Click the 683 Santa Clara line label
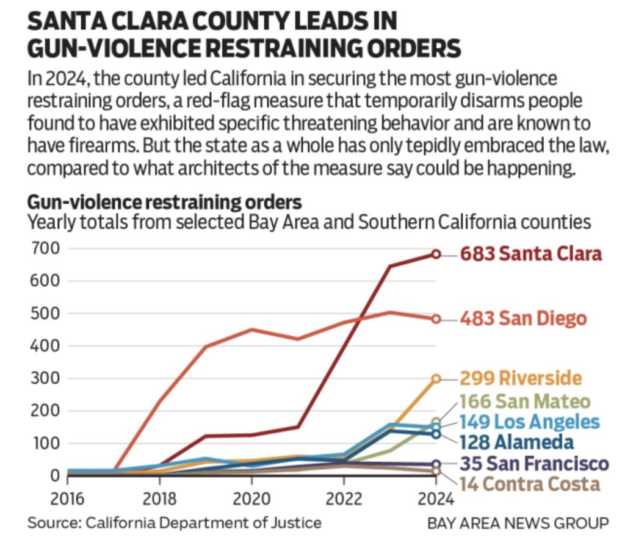point(531,254)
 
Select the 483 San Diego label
point(523,318)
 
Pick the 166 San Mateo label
point(526,401)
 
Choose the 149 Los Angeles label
point(529,422)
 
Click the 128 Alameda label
point(517,442)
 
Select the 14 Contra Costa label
point(530,484)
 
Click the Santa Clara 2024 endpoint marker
point(436,254)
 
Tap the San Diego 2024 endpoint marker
point(436,318)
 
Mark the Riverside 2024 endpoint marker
point(436,379)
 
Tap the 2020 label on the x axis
point(251,498)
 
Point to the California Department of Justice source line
point(174,523)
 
